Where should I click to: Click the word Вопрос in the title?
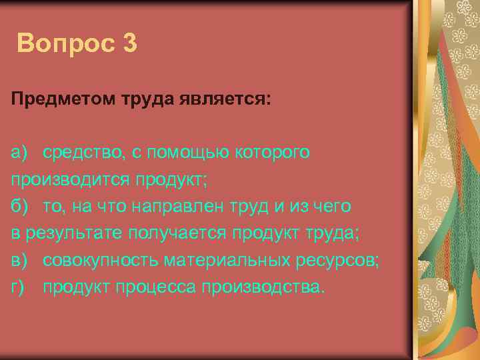65,44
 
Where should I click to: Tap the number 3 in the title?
130,44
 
